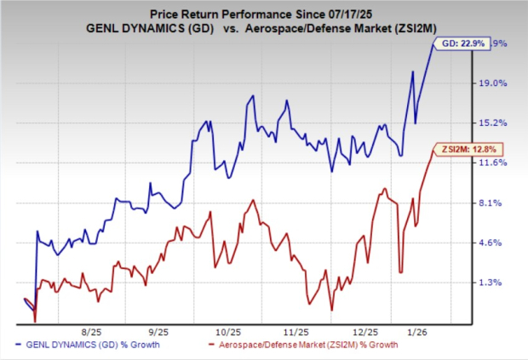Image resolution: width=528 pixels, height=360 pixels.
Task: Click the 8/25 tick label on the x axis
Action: click(x=92, y=333)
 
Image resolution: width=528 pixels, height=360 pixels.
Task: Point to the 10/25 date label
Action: click(x=228, y=333)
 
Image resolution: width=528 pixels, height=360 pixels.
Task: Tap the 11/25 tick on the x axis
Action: click(x=298, y=333)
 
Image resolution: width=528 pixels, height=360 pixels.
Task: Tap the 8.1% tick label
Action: click(x=496, y=203)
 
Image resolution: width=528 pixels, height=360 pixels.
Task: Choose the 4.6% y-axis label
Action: click(x=496, y=243)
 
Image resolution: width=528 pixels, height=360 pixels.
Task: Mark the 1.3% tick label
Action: click(x=496, y=283)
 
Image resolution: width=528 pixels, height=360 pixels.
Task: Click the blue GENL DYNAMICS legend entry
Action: click(x=102, y=346)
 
